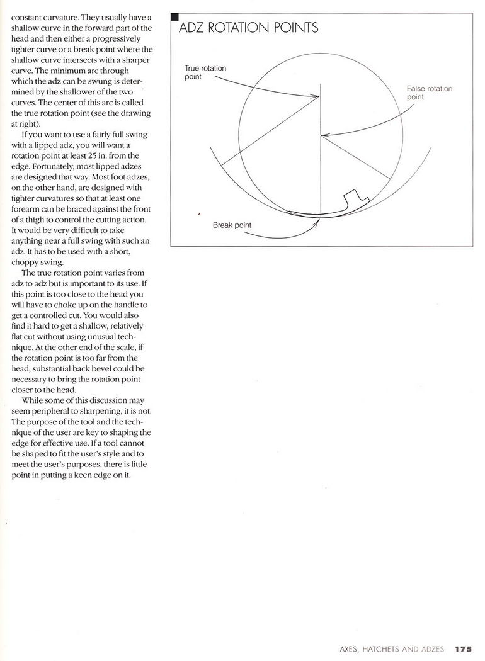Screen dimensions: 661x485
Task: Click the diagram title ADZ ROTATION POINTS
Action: pos(249,28)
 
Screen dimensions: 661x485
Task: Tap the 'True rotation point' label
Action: pos(205,72)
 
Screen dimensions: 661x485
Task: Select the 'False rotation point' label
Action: pos(430,93)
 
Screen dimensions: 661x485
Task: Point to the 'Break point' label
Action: pos(232,225)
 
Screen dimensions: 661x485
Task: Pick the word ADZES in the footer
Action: pos(432,648)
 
